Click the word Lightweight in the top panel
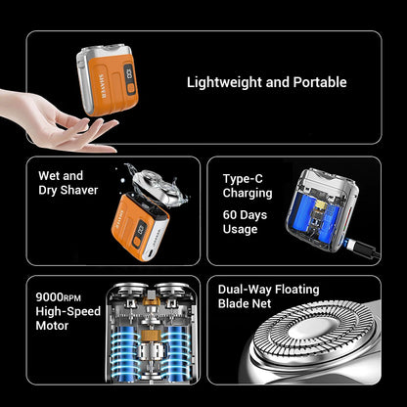pyautogui.click(x=226, y=82)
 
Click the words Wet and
pyautogui.click(x=59, y=175)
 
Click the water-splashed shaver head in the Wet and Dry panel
pyautogui.click(x=146, y=185)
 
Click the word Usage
pyautogui.click(x=240, y=230)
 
